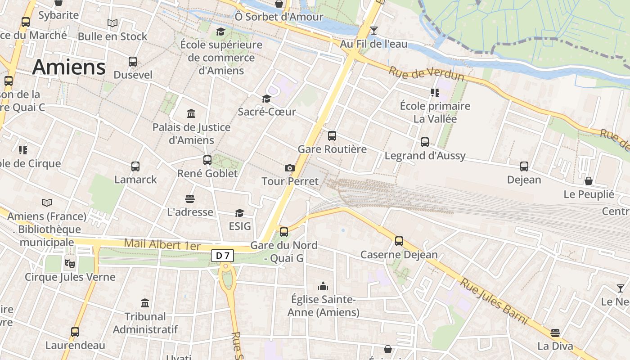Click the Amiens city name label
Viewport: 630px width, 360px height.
[x=69, y=67]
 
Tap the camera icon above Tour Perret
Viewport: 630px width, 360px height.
[x=290, y=168]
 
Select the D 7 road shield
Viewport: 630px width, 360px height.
[x=222, y=256]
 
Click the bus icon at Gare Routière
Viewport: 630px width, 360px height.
[x=332, y=135]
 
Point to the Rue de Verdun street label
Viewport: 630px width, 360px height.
[x=426, y=74]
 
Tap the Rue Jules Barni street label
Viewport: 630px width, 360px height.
[x=493, y=301]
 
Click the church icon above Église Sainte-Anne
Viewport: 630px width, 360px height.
[x=323, y=286]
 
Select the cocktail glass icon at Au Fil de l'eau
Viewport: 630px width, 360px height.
[x=373, y=31]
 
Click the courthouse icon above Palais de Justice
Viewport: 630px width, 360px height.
[x=191, y=113]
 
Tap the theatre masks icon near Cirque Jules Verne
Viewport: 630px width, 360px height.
[x=69, y=263]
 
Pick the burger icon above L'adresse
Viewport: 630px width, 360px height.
[x=190, y=198]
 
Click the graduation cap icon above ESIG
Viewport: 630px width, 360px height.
[x=239, y=213]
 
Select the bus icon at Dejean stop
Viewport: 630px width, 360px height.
[x=524, y=166]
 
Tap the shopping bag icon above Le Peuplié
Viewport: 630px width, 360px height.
[x=589, y=181]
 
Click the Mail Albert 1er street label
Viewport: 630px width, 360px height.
[x=162, y=245]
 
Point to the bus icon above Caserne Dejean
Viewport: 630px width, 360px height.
[x=399, y=241]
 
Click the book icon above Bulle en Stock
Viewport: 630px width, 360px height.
[x=112, y=23]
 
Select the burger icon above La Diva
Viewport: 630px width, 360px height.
[x=555, y=333]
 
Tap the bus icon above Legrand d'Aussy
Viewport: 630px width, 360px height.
[x=425, y=142]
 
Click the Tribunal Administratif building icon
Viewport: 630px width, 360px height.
[x=145, y=303]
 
